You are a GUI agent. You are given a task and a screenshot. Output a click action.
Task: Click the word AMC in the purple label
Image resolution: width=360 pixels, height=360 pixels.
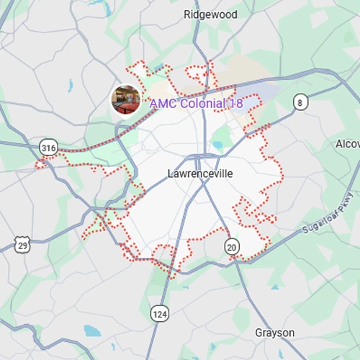163,104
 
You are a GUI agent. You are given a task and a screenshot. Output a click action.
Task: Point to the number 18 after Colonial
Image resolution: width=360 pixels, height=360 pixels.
235,104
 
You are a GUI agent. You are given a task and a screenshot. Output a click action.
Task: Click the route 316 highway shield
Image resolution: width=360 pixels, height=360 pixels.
48,148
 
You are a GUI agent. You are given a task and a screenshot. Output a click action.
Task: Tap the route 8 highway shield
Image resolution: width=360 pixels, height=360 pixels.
300,102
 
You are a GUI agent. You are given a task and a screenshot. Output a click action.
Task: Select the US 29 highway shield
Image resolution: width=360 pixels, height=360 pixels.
22,246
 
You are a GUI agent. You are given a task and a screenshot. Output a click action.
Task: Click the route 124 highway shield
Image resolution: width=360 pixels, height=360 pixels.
159,313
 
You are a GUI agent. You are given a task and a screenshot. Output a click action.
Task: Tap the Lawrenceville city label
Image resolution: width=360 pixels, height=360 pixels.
200,174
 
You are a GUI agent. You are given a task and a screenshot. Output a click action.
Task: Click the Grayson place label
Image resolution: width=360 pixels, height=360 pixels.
274,333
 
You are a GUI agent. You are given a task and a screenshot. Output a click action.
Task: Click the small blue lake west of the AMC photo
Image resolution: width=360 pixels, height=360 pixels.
71,85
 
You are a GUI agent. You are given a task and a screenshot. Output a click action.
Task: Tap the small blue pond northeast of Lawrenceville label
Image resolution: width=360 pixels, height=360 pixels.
217,146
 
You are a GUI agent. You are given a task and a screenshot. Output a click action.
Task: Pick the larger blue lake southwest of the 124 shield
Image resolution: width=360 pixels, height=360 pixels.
92,330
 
